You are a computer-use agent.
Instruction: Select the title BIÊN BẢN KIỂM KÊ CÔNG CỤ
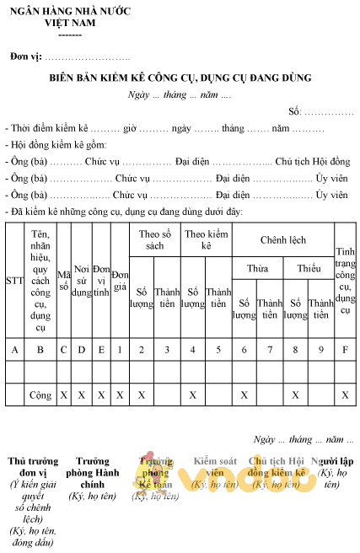coord(180,78)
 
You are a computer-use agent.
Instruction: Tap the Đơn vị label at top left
coord(25,56)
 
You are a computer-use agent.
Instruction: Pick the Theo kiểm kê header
coord(206,240)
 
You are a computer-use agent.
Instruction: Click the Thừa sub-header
coord(257,268)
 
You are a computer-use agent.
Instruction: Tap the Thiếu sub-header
coord(309,268)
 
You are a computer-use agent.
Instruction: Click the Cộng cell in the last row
coord(40,394)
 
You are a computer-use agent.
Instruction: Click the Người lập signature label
coord(332,461)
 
